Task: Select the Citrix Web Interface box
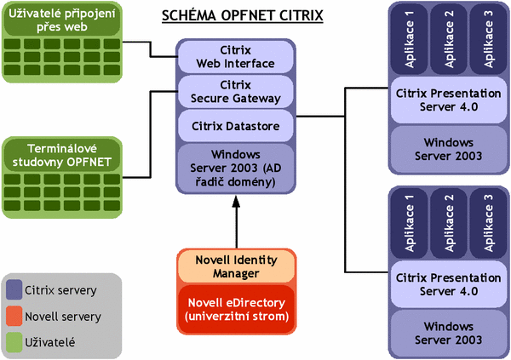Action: tap(236, 56)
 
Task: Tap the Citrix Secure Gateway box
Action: tap(236, 91)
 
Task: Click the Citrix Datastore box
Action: tap(236, 126)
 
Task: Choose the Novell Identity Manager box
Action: tap(236, 266)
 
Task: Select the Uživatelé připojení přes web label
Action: tap(61, 20)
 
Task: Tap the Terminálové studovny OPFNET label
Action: tap(61, 153)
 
